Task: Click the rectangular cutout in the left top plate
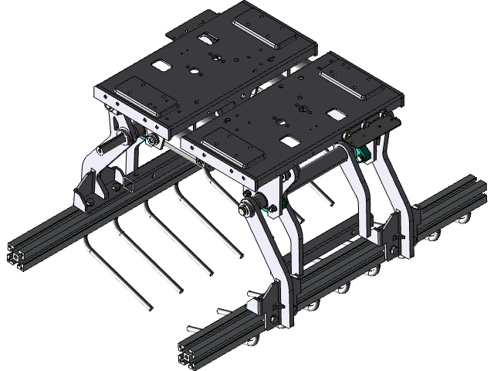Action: pos(161,66)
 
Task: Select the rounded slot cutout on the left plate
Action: pos(206,38)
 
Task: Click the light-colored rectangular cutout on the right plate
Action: pos(336,114)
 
